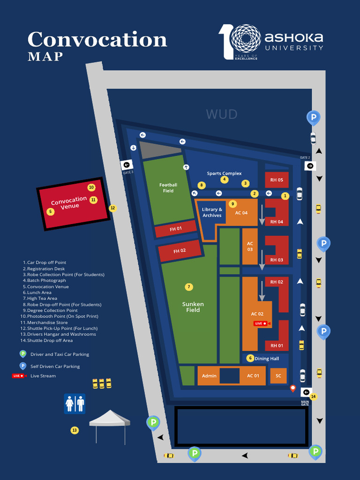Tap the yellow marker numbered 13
click(75, 430)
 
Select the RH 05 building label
click(277, 180)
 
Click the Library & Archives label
click(212, 212)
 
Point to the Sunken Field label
click(193, 307)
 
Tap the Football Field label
click(168, 188)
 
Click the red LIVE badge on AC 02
click(261, 323)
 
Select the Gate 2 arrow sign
click(310, 166)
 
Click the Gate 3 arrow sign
click(127, 165)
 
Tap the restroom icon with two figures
click(75, 404)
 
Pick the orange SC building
click(278, 375)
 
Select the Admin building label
click(209, 375)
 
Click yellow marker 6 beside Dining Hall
click(250, 358)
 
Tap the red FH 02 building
click(180, 251)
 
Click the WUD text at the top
click(222, 114)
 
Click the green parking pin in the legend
click(22, 354)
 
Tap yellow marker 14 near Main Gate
click(313, 397)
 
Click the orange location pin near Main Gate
click(293, 388)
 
